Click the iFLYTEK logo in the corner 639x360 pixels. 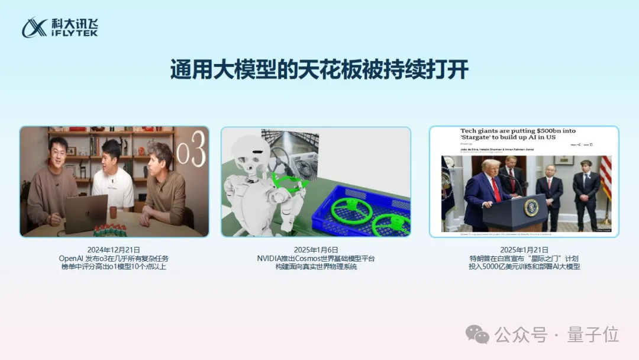[60, 27]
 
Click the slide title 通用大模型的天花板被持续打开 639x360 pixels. [319, 69]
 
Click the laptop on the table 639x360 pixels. [86, 213]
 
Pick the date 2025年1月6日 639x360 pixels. [316, 250]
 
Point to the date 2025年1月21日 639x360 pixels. [524, 250]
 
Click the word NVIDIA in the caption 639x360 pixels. [270, 259]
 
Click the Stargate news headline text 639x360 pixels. [518, 134]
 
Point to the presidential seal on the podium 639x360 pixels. [531, 207]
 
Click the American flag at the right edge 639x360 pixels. [605, 178]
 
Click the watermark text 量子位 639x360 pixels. [593, 335]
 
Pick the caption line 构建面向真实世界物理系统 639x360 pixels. [316, 267]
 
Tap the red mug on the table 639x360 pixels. [113, 212]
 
